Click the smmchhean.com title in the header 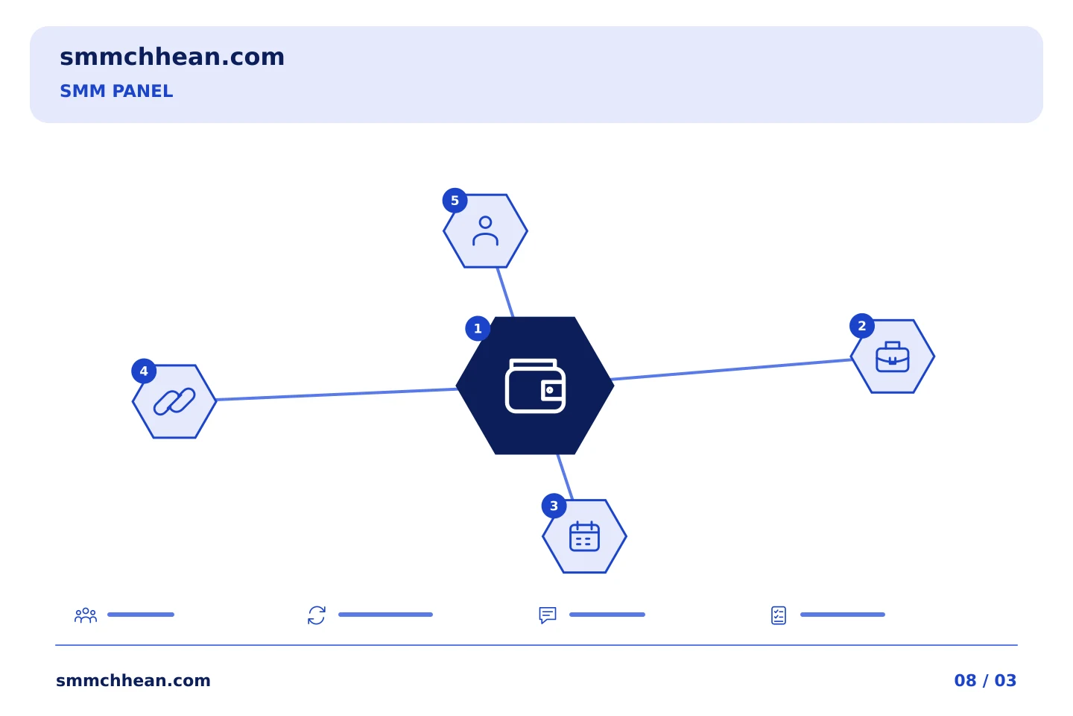[x=172, y=57]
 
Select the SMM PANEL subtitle [x=116, y=91]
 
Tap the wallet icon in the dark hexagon [x=535, y=386]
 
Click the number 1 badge [x=478, y=328]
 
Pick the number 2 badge [x=861, y=326]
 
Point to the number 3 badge [x=554, y=506]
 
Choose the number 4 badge [x=144, y=371]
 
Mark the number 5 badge [x=455, y=201]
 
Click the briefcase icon [x=893, y=357]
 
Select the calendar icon [x=584, y=536]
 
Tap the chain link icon [x=174, y=401]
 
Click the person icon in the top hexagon [x=485, y=231]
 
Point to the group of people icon [x=86, y=615]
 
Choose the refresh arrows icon [x=317, y=615]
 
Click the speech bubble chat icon [x=548, y=615]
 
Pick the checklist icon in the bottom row [x=779, y=615]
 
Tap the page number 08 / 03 [x=985, y=680]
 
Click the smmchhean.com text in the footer [x=133, y=680]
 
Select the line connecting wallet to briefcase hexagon [x=731, y=369]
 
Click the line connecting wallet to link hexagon [x=336, y=395]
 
